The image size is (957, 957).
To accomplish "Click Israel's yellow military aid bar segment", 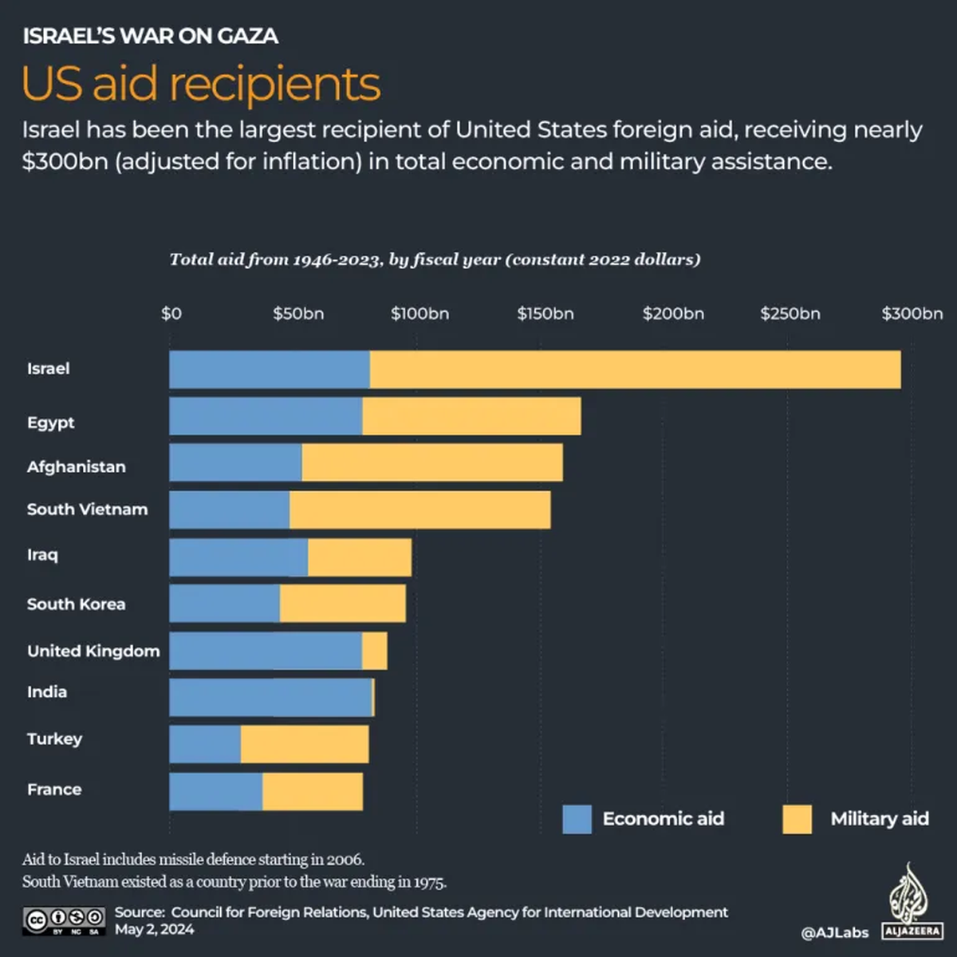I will (635, 369).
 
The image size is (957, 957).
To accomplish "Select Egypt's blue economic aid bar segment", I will (266, 416).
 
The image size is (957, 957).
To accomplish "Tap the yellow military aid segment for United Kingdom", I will (375, 651).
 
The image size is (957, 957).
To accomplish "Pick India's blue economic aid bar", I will (270, 698).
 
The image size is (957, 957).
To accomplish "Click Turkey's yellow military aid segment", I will (305, 744).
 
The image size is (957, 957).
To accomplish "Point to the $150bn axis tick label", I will (545, 313).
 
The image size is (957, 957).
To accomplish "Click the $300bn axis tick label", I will (912, 313).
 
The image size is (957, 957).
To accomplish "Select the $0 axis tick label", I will (171, 313).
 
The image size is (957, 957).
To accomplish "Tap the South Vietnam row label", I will (87, 510).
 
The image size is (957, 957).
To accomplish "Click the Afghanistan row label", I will (76, 467).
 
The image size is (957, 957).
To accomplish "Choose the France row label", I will (54, 790).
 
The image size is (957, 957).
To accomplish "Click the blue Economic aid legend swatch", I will (577, 819).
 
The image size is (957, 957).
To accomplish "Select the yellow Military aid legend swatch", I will (797, 819).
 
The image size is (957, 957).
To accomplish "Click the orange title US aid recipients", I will (201, 84).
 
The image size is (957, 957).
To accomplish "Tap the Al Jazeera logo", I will (912, 901).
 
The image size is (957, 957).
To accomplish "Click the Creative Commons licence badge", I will (64, 920).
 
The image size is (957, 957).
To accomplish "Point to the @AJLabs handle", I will (834, 932).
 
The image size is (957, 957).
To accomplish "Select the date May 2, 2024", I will (154, 929).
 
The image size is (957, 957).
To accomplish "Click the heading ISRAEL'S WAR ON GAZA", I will (150, 36).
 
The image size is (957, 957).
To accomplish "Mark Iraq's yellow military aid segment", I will (360, 557).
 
